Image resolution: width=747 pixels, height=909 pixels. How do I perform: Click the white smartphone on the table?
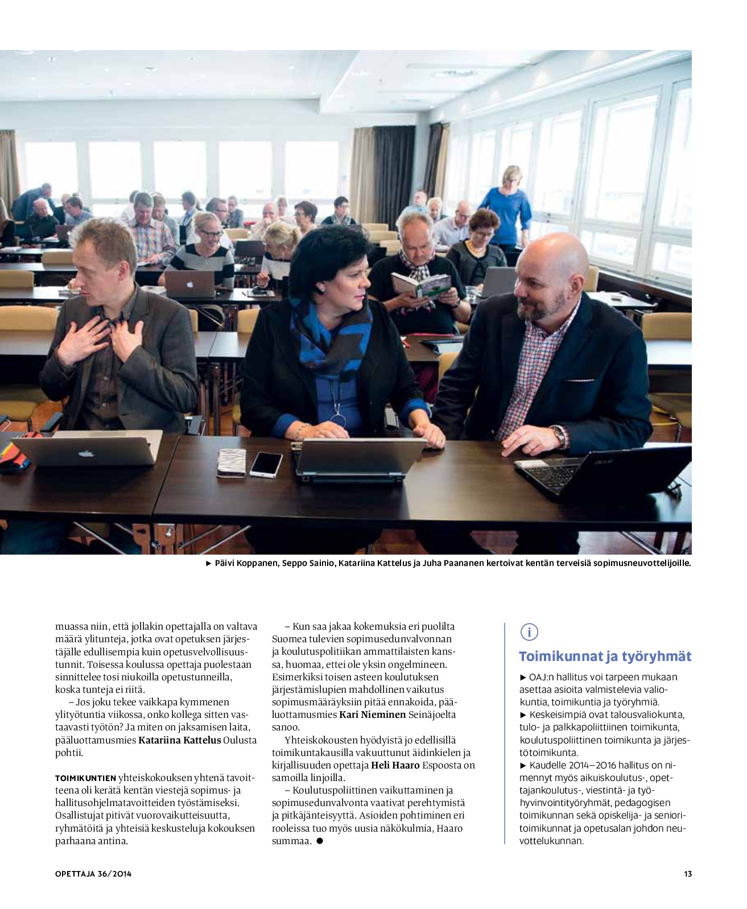click(x=266, y=464)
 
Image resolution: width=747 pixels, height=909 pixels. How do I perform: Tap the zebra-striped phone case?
click(x=232, y=462)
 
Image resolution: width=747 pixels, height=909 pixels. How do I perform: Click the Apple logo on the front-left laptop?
click(x=85, y=454)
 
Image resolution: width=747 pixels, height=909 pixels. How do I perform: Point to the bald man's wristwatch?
click(x=560, y=436)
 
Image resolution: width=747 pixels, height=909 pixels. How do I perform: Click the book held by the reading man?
click(x=422, y=285)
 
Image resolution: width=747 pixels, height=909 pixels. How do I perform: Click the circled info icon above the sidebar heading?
click(x=529, y=632)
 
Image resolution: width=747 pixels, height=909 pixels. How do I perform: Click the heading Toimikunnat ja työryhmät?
click(x=605, y=656)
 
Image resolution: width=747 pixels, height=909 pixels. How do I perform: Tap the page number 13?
click(x=688, y=874)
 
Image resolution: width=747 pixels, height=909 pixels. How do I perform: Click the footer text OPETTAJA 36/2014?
click(x=93, y=874)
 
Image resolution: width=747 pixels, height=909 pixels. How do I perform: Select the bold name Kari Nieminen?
click(x=373, y=714)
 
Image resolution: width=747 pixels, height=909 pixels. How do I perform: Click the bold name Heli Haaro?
click(x=395, y=765)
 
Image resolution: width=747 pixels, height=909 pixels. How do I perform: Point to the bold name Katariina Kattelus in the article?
click(x=180, y=740)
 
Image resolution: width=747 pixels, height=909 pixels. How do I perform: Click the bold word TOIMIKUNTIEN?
click(x=85, y=778)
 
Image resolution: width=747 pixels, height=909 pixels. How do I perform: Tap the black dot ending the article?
click(x=320, y=841)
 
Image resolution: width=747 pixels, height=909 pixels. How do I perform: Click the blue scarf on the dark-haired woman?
click(x=330, y=336)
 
